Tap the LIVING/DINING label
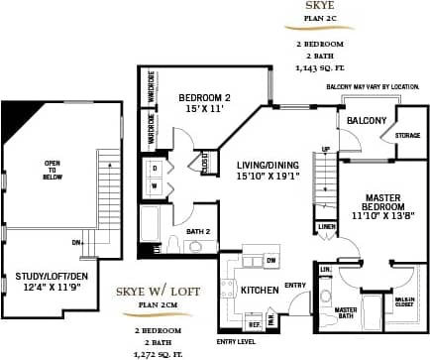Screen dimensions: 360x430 [271, 165]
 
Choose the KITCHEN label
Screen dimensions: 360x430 [259, 291]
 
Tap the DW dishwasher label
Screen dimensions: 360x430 [270, 260]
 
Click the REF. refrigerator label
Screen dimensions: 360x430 [253, 323]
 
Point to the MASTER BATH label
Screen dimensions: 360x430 [345, 313]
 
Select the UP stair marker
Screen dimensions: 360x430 [327, 151]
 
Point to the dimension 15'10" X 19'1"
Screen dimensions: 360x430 [272, 177]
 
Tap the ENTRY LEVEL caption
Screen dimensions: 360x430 [236, 342]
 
